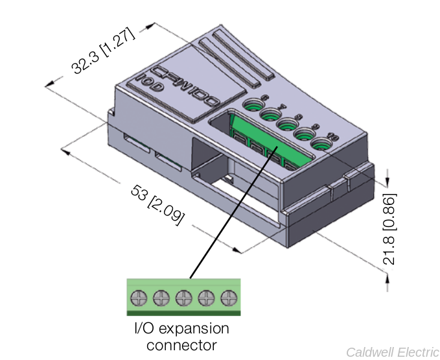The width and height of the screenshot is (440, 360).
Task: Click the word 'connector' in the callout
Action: (x=181, y=344)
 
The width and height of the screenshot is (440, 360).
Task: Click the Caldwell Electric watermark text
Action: (x=392, y=352)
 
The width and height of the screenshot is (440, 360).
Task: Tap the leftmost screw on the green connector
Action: (x=139, y=298)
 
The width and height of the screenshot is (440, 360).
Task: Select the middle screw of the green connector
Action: (x=184, y=298)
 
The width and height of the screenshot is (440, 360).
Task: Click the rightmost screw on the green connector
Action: (x=228, y=298)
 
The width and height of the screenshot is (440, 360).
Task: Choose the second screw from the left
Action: (x=161, y=298)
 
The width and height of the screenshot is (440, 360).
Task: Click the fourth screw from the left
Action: (x=206, y=298)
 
